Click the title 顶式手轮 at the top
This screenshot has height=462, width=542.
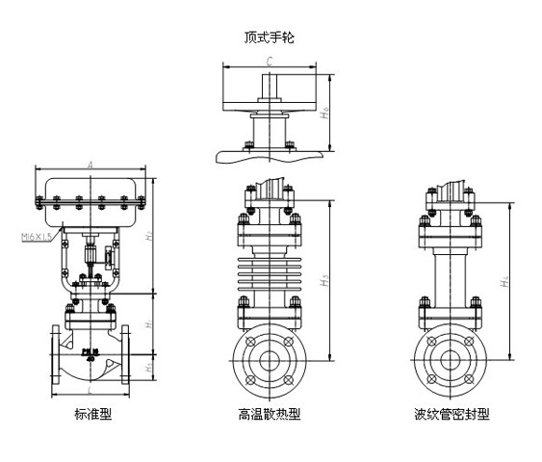point(271,38)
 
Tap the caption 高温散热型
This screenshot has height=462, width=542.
point(270,415)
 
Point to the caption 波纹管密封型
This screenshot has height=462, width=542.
point(452,415)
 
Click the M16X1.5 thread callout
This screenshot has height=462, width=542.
point(36,234)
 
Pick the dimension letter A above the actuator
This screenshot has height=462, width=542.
point(90,167)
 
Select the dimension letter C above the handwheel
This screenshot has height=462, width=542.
point(271,61)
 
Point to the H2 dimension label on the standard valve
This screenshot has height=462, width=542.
point(149,234)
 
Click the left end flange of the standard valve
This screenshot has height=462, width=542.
point(54,356)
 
